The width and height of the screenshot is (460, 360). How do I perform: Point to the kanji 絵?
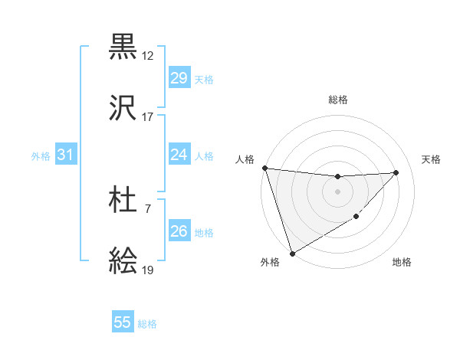(123, 261)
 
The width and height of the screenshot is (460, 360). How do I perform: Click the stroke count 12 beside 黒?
(148, 56)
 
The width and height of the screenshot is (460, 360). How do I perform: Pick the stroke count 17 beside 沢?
(148, 117)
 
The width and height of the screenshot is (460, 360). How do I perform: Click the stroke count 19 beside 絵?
(148, 270)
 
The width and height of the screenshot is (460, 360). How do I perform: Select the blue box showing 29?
(179, 78)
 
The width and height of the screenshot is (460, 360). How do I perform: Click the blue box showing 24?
(179, 155)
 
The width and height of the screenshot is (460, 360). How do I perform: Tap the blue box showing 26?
(179, 231)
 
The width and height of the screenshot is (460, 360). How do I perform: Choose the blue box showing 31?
(65, 155)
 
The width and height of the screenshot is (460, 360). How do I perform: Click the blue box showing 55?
(123, 322)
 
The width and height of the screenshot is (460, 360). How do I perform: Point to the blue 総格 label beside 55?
(147, 324)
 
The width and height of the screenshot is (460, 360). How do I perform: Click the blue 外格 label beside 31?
(41, 156)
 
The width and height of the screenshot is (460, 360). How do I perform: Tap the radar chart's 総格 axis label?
(338, 100)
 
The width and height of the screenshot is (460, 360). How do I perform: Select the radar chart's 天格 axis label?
(432, 159)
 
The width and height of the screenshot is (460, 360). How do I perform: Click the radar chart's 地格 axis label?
(402, 263)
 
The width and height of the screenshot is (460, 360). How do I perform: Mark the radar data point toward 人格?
(264, 168)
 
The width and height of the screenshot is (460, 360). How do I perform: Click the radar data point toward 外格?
(292, 253)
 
